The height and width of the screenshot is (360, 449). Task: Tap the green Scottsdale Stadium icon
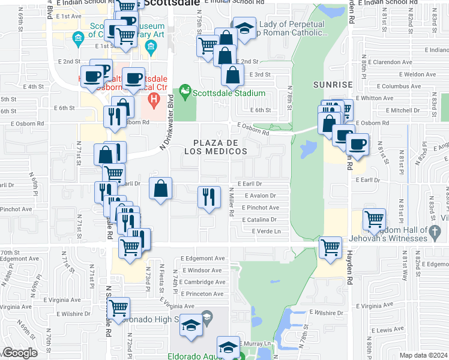[x=185, y=92]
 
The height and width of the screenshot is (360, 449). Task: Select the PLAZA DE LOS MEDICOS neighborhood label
[x=220, y=147]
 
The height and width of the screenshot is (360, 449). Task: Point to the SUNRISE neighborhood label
[x=332, y=86]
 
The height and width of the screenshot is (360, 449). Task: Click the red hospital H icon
[x=154, y=98]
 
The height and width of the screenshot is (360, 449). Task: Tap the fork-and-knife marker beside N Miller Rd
[x=207, y=197]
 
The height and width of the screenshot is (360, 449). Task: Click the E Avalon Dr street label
[x=260, y=196]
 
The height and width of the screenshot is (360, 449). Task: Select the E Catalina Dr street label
[x=259, y=220]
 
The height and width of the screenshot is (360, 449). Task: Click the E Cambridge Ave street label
[x=203, y=282]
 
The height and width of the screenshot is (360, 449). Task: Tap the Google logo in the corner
[x=20, y=353]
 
